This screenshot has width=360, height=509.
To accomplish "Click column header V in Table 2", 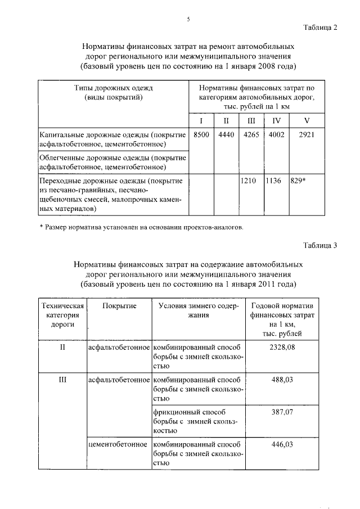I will point(307,120).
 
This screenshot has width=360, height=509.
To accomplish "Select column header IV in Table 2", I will point(276,120).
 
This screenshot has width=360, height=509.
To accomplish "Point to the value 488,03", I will point(283,380).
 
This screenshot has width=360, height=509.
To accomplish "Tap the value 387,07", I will point(283,412).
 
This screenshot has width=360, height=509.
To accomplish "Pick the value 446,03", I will point(283,444).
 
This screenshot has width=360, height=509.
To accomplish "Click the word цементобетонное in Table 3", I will point(118,444).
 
